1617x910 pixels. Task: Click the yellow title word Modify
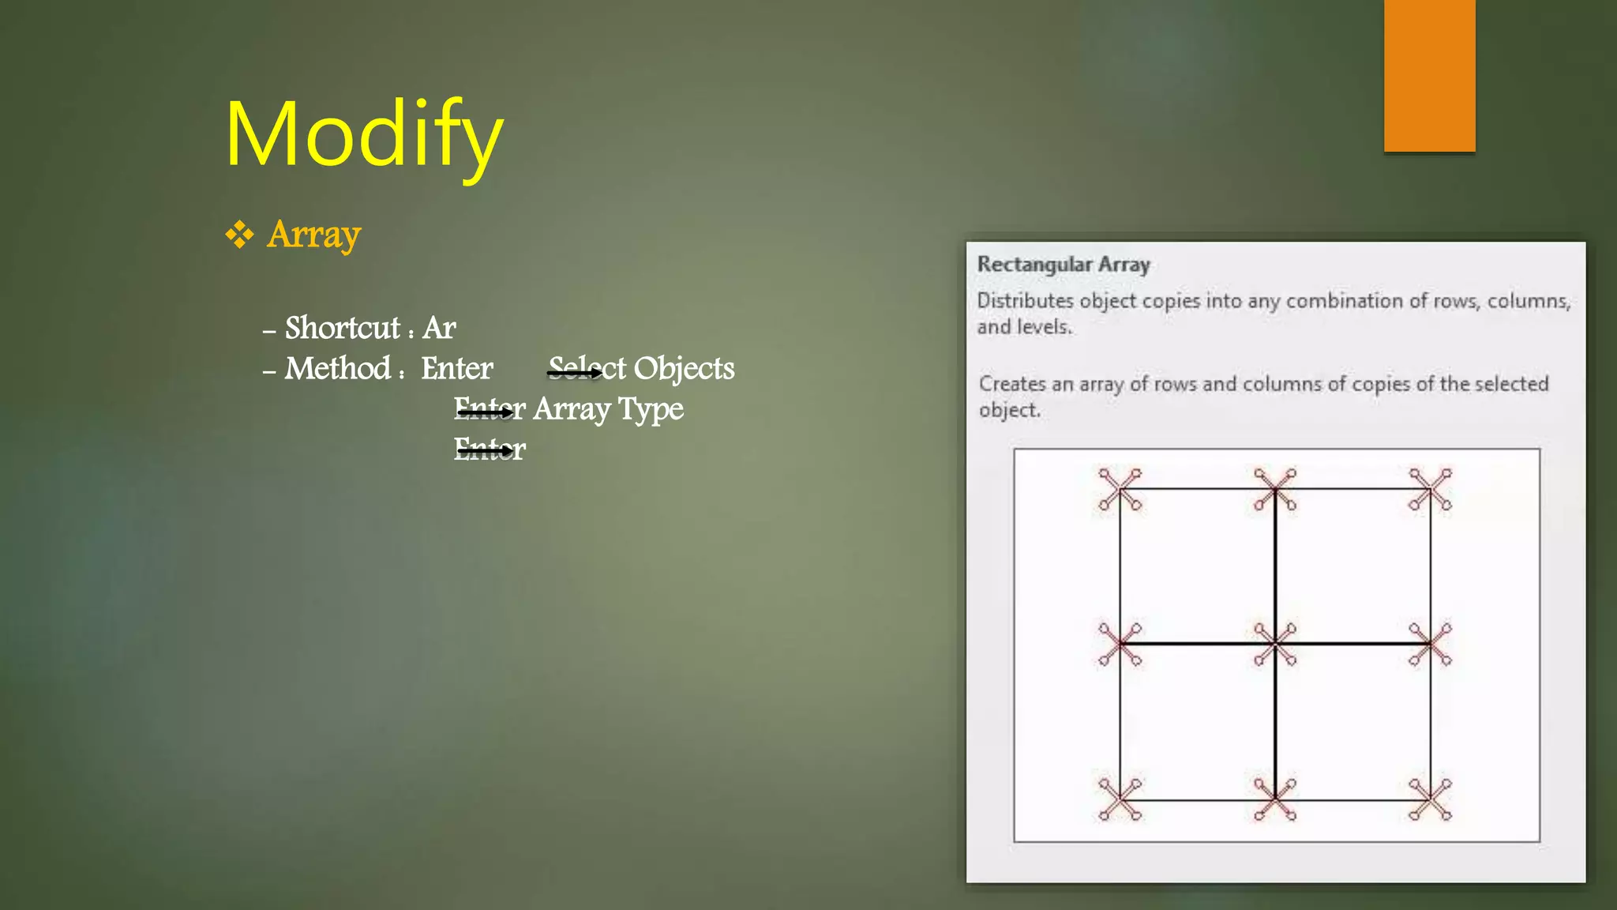point(364,135)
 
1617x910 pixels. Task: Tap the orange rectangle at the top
point(1429,76)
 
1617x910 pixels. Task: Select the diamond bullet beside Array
point(239,235)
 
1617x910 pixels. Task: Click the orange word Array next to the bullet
point(313,235)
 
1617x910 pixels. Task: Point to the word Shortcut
point(343,328)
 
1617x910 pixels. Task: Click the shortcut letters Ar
point(439,328)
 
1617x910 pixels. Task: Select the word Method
point(338,369)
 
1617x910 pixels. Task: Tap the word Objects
point(684,369)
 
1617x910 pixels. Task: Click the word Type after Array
point(651,409)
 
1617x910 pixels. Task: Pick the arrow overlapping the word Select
point(575,373)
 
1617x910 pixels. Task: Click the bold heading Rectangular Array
point(1064,265)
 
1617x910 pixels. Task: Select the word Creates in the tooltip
point(1012,384)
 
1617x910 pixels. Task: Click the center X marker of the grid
point(1275,644)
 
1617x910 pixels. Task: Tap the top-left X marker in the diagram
point(1120,489)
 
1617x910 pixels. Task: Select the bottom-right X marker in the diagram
point(1430,799)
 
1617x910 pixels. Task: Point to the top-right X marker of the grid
point(1430,489)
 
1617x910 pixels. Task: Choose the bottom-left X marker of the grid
point(1120,799)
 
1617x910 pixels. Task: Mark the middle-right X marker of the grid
point(1430,644)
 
